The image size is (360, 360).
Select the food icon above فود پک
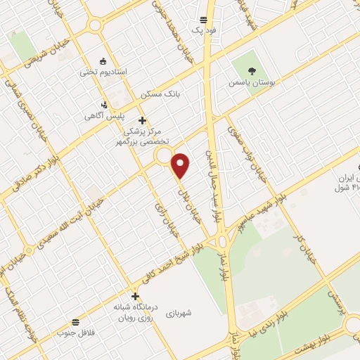(x=203, y=20)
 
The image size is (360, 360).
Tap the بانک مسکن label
(x=157, y=94)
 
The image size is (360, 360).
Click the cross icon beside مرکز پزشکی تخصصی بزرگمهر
(x=143, y=120)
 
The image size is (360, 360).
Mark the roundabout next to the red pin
(x=164, y=155)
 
